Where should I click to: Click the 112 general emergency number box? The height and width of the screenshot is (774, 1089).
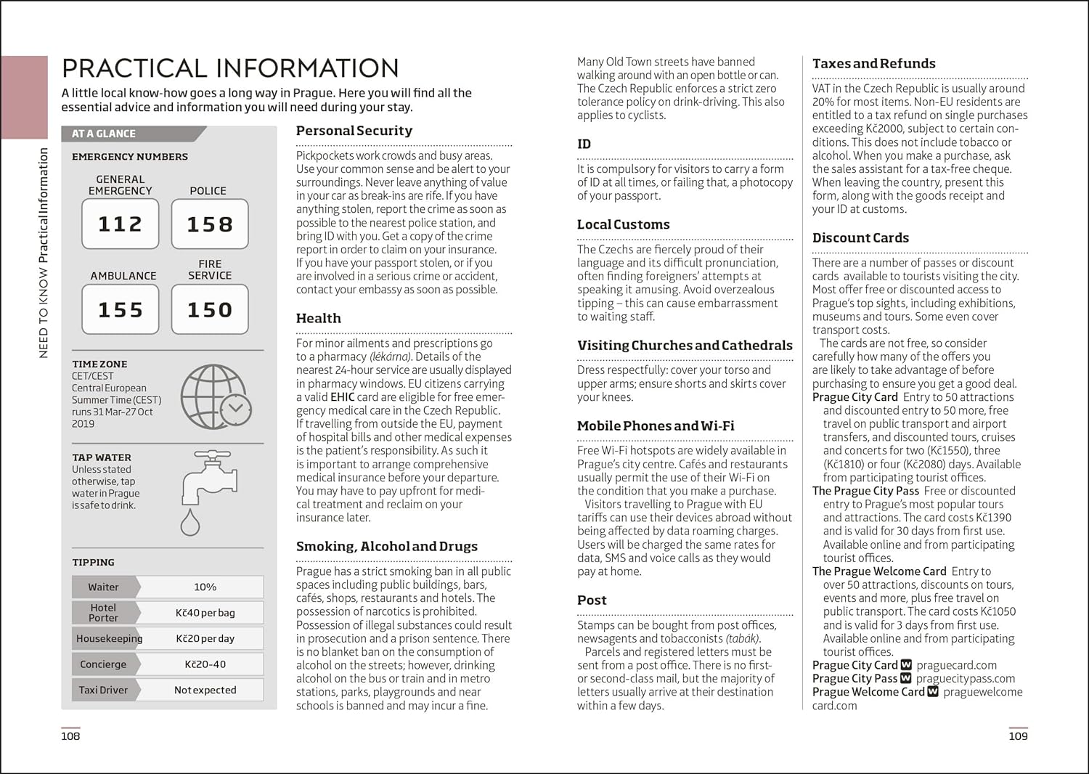[x=120, y=224]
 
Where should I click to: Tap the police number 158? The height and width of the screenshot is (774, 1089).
[x=210, y=224]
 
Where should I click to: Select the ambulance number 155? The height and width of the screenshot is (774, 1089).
[x=120, y=309]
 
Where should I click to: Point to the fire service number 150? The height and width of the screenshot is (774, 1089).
[x=210, y=309]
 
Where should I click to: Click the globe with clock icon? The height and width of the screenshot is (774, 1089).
[x=216, y=397]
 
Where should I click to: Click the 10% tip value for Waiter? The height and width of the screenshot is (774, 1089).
[x=205, y=587]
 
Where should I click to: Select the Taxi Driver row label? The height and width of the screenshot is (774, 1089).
[x=103, y=690]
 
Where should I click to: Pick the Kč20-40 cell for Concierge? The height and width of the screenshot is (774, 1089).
[x=205, y=664]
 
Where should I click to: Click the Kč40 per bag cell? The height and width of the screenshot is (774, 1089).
[x=205, y=613]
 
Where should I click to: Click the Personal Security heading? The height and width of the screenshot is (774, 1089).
[x=354, y=131]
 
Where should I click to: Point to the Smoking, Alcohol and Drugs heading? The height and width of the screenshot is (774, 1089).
[x=387, y=546]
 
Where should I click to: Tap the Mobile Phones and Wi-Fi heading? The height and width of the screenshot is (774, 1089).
[x=656, y=425]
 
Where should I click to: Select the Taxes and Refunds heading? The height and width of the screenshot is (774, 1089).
[x=874, y=63]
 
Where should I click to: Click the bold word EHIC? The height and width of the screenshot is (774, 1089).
[x=343, y=397]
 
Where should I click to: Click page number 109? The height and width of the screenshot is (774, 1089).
[x=1018, y=736]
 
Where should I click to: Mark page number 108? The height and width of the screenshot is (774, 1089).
[x=70, y=736]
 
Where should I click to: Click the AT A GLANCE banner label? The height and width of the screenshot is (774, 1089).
[x=104, y=134]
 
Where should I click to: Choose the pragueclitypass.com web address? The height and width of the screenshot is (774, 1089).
[x=966, y=678]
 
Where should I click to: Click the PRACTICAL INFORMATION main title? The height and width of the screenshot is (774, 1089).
[x=230, y=68]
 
